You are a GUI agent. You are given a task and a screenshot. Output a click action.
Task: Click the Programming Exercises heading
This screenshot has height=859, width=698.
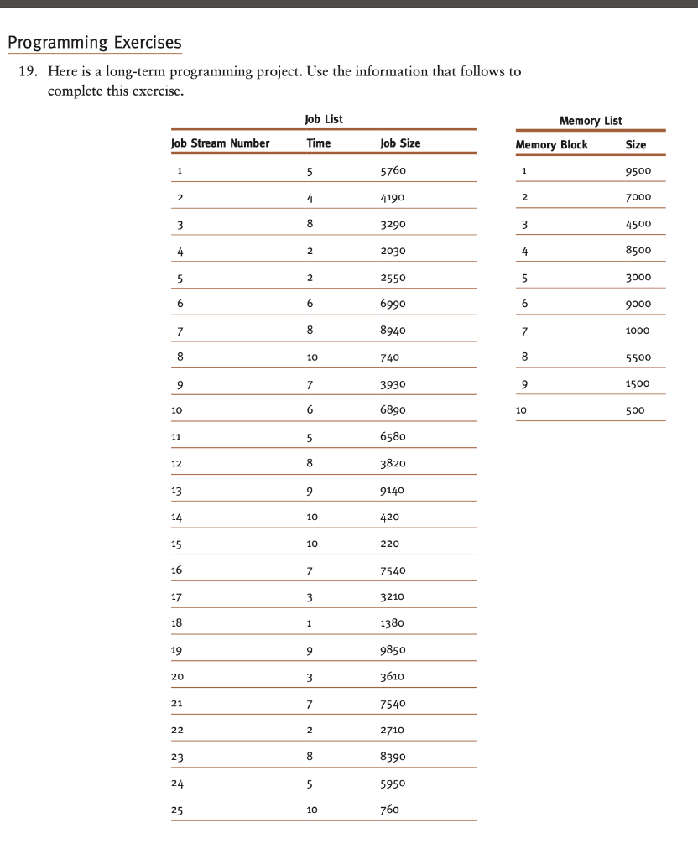pyautogui.click(x=94, y=41)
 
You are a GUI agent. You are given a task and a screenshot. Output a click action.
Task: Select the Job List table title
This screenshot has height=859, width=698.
pyautogui.click(x=323, y=120)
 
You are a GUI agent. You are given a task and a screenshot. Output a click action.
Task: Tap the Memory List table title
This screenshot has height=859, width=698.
pyautogui.click(x=591, y=121)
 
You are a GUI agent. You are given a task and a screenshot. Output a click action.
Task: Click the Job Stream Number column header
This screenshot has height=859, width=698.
pyautogui.click(x=221, y=143)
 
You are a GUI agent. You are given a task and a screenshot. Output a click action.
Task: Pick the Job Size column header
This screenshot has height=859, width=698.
pyautogui.click(x=400, y=143)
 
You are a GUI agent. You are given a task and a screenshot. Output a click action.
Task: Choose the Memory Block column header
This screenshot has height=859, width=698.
pyautogui.click(x=551, y=144)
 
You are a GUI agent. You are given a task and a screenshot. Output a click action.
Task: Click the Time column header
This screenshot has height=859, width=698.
pyautogui.click(x=319, y=143)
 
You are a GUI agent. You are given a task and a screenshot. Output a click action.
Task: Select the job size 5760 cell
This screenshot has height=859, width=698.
pyautogui.click(x=393, y=171)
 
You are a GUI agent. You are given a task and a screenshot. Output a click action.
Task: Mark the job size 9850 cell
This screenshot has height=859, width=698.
pyautogui.click(x=393, y=650)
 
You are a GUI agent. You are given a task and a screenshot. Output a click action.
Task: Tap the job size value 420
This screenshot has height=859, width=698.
pyautogui.click(x=390, y=518)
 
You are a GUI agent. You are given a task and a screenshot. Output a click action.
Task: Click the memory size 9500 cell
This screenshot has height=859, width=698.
pyautogui.click(x=638, y=171)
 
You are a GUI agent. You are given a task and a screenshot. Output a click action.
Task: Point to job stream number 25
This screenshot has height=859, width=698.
pyautogui.click(x=178, y=810)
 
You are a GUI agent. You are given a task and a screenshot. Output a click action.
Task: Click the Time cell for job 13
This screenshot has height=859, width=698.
pyautogui.click(x=310, y=491)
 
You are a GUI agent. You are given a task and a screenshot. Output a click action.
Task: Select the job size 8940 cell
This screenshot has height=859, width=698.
pyautogui.click(x=393, y=331)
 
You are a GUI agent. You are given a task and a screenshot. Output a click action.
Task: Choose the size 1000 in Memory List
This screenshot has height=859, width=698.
pyautogui.click(x=638, y=331)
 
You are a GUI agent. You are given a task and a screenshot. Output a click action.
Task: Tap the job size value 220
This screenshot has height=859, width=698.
pyautogui.click(x=390, y=544)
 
